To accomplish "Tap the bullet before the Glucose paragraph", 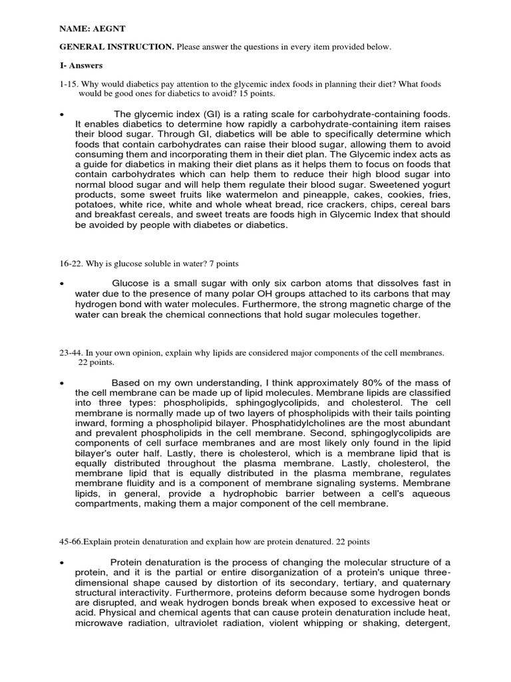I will pyautogui.click(x=61, y=283).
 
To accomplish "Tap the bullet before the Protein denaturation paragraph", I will pyautogui.click(x=61, y=561).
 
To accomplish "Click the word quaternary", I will pyautogui.click(x=411, y=583).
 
